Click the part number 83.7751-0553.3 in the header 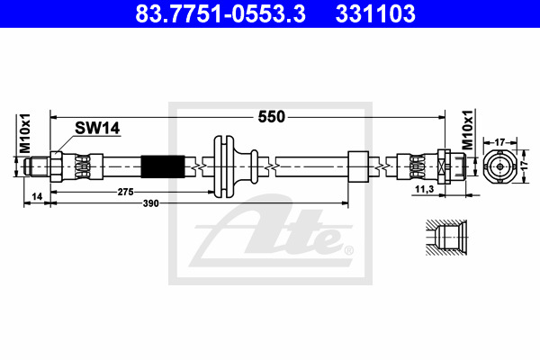pyautogui.click(x=220, y=13)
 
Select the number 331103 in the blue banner pyautogui.click(x=375, y=13)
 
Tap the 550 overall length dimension pyautogui.click(x=272, y=117)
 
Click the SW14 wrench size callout pyautogui.click(x=97, y=128)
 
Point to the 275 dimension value pyautogui.click(x=125, y=192)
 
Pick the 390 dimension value pyautogui.click(x=151, y=203)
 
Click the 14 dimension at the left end pyautogui.click(x=37, y=197)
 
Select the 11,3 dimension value pyautogui.click(x=424, y=190)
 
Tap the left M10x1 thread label pyautogui.click(x=25, y=133)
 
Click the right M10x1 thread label pyautogui.click(x=467, y=130)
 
